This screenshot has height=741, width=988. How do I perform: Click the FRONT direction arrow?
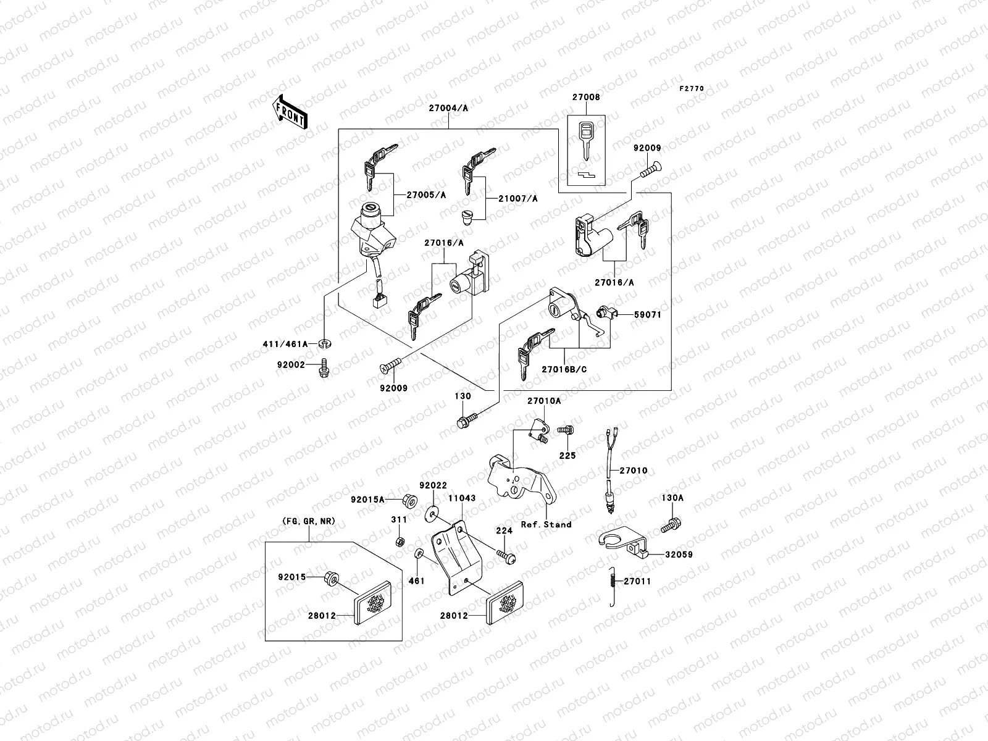click(290, 112)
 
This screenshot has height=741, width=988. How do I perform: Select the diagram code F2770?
click(692, 89)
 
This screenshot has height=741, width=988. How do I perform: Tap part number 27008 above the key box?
click(585, 97)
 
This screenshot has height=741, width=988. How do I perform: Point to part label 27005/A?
click(426, 195)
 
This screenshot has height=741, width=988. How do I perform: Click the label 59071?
click(648, 314)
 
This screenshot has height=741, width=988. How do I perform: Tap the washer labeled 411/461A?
click(324, 343)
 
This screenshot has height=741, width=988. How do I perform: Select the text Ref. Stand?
click(546, 524)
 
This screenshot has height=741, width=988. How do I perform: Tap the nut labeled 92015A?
click(409, 499)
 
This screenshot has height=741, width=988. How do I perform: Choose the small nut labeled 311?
click(400, 542)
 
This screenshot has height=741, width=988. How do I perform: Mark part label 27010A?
click(543, 401)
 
